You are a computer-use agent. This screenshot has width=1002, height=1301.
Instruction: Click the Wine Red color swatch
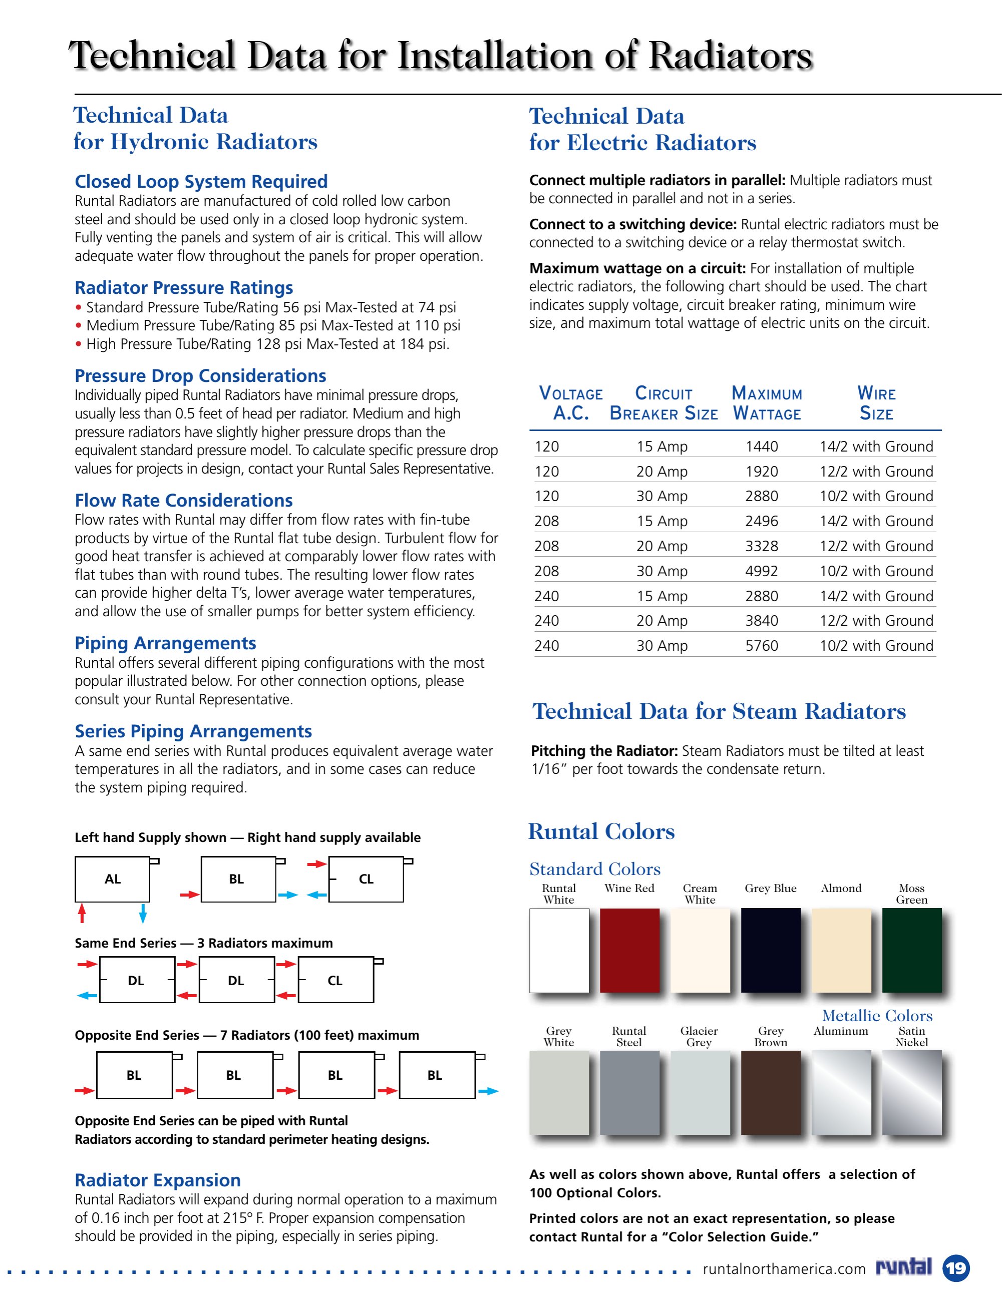(629, 950)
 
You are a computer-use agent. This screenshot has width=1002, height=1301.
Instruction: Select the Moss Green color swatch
(911, 950)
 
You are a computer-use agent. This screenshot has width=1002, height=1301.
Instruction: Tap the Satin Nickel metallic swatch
(911, 1092)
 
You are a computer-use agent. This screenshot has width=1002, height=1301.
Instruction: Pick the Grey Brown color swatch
(770, 1092)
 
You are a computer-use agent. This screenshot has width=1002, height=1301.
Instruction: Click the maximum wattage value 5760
(761, 645)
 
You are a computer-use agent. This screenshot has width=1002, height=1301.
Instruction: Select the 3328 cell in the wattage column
(761, 546)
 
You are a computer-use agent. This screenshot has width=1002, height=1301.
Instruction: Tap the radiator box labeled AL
(112, 879)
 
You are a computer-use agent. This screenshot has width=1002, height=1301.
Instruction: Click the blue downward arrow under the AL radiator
(142, 913)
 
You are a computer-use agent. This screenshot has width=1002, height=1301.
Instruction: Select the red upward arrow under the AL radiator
(82, 913)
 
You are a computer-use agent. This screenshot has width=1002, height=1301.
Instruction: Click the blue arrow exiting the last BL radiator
(488, 1091)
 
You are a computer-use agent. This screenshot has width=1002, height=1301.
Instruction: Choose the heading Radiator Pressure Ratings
(184, 287)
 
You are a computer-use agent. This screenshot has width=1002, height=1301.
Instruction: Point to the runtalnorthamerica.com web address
(784, 1269)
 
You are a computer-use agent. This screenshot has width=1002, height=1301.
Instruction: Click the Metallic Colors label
(877, 1015)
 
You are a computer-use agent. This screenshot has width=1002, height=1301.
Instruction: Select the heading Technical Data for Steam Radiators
(719, 711)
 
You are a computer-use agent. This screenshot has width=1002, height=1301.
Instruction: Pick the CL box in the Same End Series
(336, 980)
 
